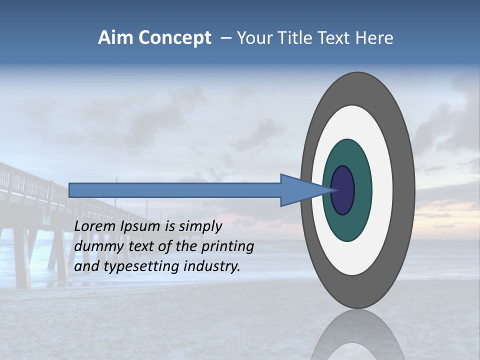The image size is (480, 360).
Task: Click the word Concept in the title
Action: point(175,38)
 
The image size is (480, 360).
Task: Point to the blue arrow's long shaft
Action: point(175,190)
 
